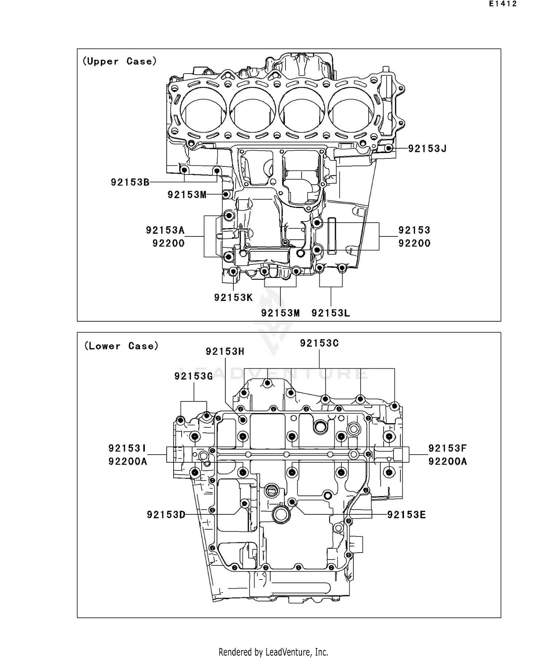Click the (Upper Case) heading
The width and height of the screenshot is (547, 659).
pos(120,61)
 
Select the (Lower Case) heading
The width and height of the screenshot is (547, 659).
pos(121,346)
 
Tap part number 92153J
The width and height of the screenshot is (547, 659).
pos(427,149)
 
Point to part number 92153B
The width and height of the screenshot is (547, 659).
pos(130,182)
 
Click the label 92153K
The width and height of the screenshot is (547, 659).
pos(233,298)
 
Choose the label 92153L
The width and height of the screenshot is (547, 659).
pos(331,313)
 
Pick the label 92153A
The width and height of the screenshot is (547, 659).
pos(165,230)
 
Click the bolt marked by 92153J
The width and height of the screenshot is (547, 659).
pos(389,149)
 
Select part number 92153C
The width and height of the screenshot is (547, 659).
pos(319,343)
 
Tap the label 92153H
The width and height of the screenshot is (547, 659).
pos(225,352)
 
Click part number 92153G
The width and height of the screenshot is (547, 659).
pos(194,376)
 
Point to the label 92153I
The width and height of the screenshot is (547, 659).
pos(127,448)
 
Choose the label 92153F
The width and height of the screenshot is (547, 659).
pos(447,448)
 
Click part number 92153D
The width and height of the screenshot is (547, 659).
pos(166,515)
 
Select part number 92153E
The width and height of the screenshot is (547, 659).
pos(406,515)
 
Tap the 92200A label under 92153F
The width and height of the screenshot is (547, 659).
pos(447,462)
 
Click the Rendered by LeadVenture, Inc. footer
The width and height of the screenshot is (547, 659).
pos(273,652)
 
